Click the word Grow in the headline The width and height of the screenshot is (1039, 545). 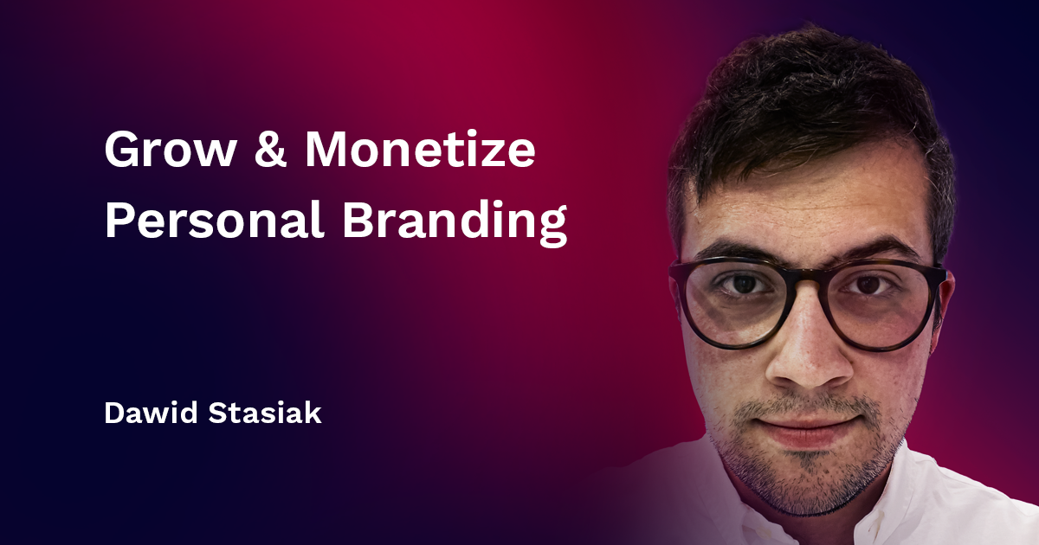[170, 152]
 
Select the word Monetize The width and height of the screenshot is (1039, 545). [420, 152]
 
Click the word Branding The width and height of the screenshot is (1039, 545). [455, 222]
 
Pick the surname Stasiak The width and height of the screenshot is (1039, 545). [267, 413]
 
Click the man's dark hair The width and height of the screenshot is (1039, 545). [805, 95]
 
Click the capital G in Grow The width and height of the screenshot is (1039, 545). [122, 152]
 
